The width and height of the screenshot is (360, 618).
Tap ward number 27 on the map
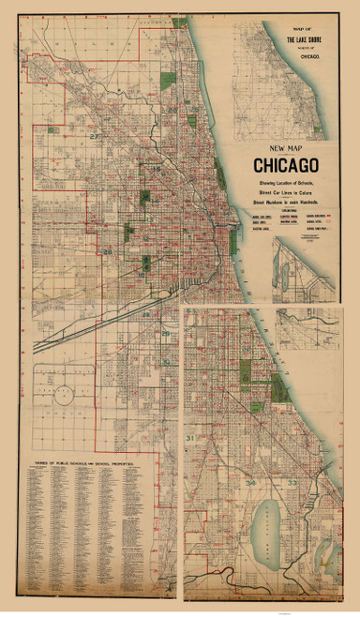tap(93, 137)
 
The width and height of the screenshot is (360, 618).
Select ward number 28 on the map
tap(108, 252)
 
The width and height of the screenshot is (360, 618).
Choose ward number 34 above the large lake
tap(249, 482)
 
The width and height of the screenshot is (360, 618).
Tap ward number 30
tap(167, 361)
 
